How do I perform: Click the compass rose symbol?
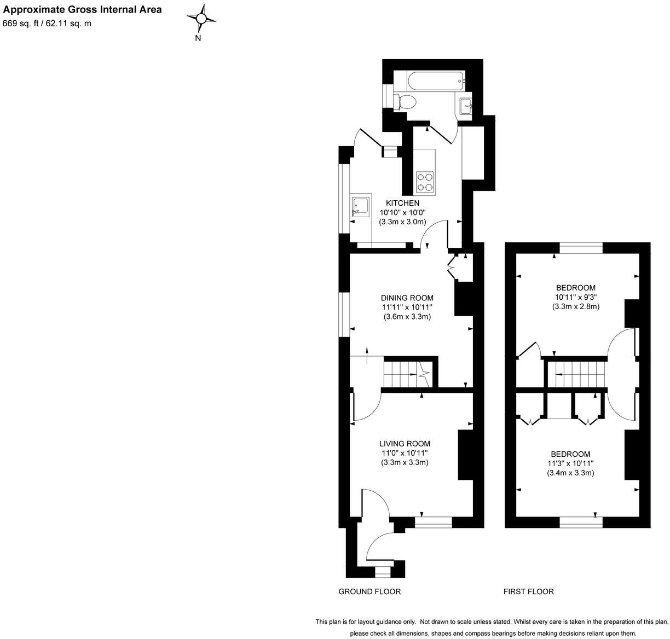coord(201,19)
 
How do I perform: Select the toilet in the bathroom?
coord(406,102)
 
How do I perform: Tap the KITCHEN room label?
coord(402,203)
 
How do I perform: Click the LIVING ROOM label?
coord(405,444)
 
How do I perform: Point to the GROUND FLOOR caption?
coord(369,591)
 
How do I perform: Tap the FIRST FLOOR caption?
coord(528,591)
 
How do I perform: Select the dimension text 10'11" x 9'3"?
coord(575,297)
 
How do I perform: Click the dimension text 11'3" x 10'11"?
coord(570,463)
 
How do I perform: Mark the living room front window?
coord(433,522)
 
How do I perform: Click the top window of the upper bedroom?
coord(581,248)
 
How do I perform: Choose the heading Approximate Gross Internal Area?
coord(83,10)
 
